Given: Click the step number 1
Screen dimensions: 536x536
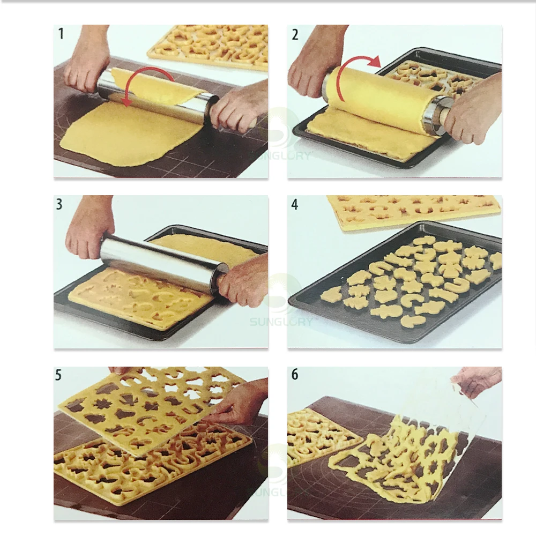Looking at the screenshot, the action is click(61, 34).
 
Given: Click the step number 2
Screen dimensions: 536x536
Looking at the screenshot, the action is click(295, 34).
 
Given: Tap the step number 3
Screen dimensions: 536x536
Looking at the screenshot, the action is click(59, 204).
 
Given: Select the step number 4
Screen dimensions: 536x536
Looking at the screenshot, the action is click(295, 204).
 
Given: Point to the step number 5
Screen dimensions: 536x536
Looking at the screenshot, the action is click(58, 375).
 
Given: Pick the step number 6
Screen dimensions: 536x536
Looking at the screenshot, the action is click(295, 374).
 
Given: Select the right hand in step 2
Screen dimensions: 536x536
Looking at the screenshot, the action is click(473, 109).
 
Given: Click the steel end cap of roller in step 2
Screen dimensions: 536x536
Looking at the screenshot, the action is click(434, 112).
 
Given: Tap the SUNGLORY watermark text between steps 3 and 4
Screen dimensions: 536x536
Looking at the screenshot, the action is click(281, 322).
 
